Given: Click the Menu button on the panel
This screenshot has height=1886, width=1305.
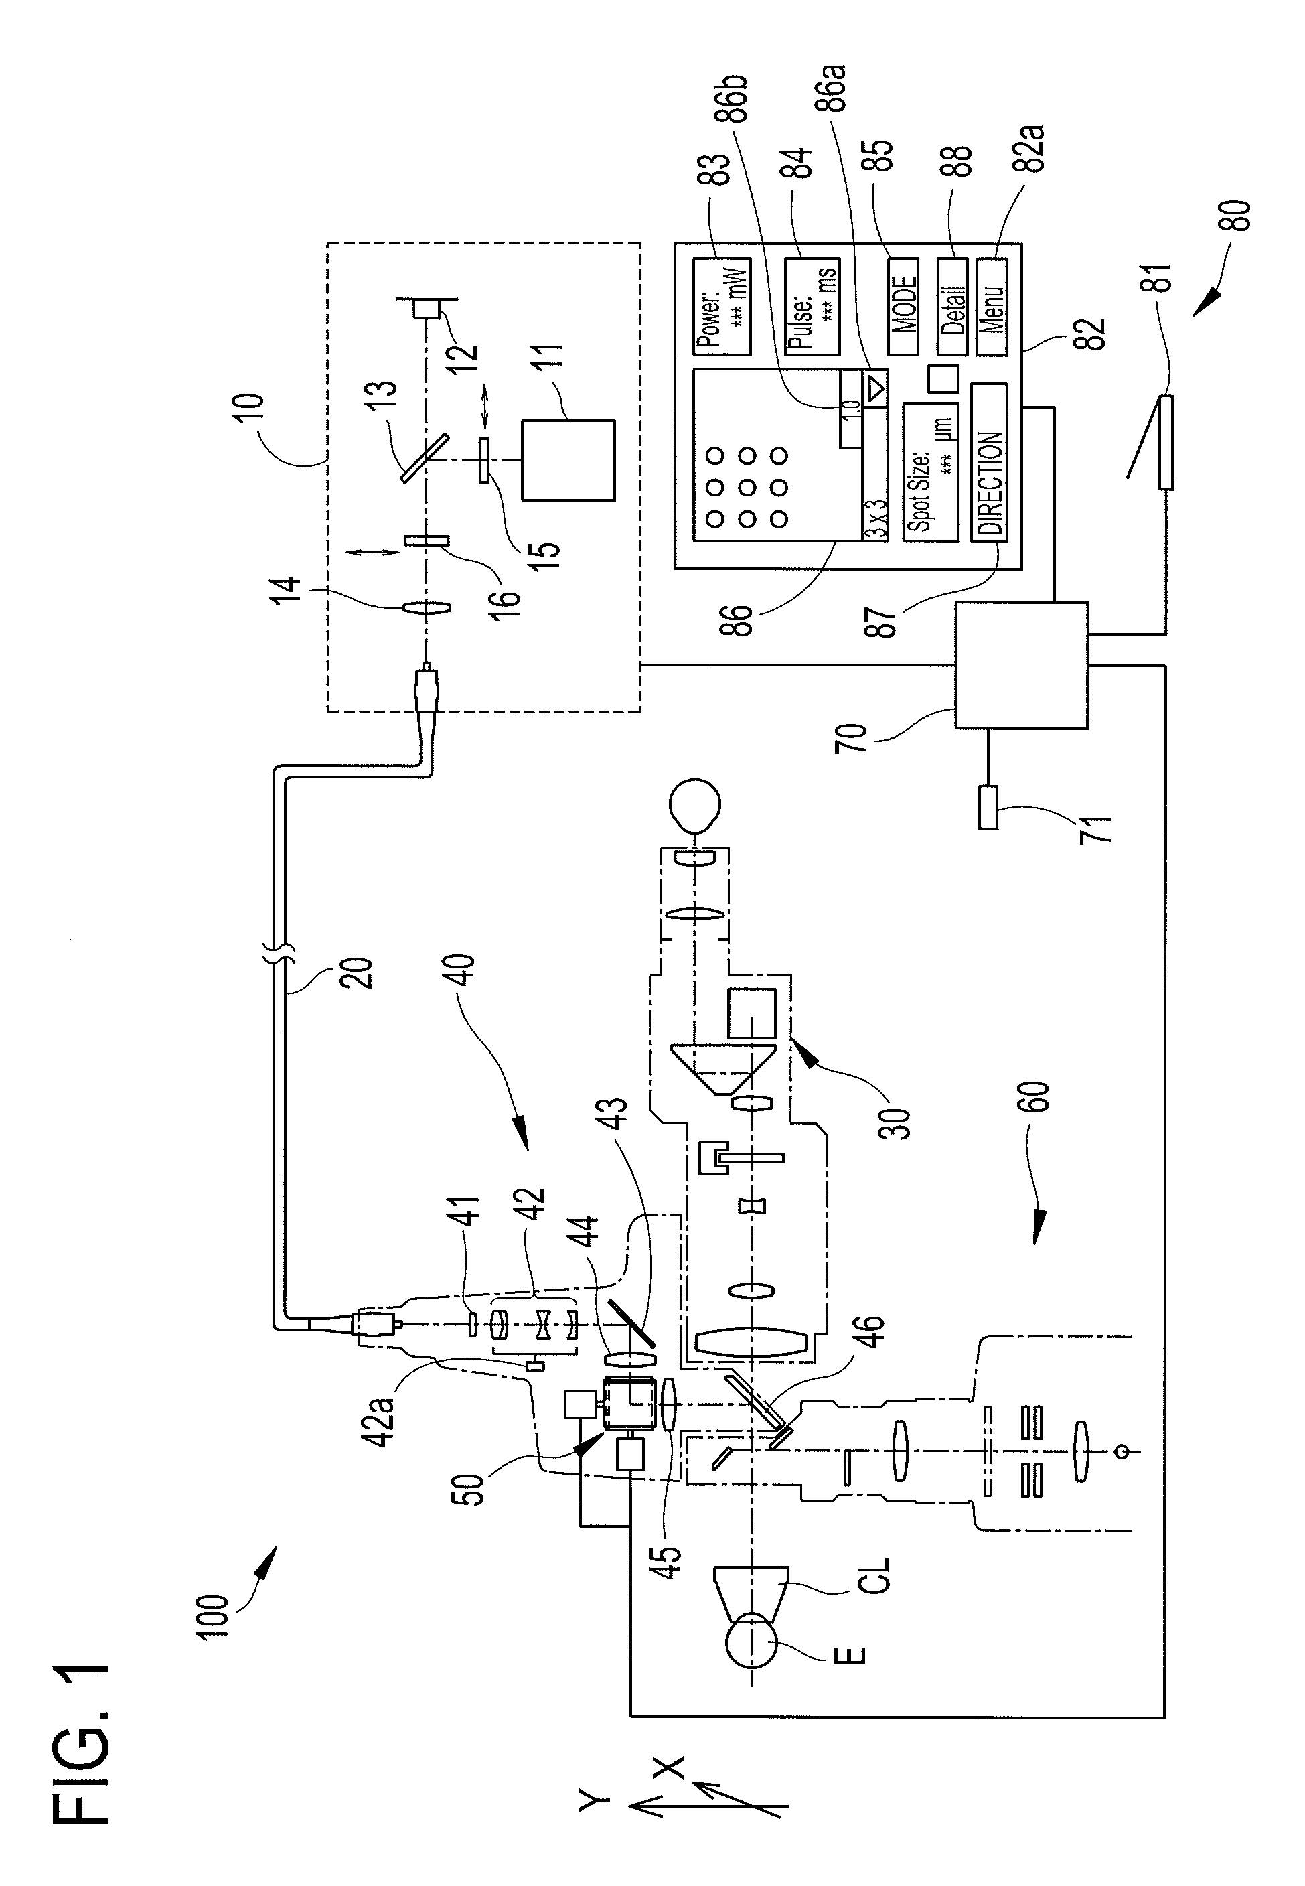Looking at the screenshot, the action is [992, 307].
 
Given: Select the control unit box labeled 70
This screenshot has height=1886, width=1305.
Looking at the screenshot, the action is [1021, 665].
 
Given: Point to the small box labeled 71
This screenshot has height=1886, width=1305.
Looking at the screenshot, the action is [988, 807].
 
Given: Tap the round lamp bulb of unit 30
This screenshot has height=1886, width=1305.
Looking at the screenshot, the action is [695, 804].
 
